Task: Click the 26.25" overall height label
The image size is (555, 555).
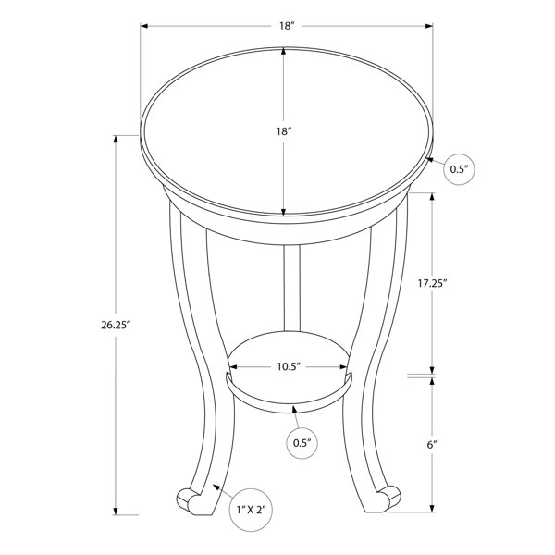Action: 117,325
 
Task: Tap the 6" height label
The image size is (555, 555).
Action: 432,445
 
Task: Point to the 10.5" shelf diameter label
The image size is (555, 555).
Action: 289,366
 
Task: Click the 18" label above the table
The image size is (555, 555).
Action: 287,26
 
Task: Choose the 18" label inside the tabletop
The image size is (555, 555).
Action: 284,131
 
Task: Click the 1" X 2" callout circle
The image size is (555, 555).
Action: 251,510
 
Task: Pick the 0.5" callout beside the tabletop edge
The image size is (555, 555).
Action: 459,169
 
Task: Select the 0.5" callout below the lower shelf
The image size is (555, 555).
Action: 302,443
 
